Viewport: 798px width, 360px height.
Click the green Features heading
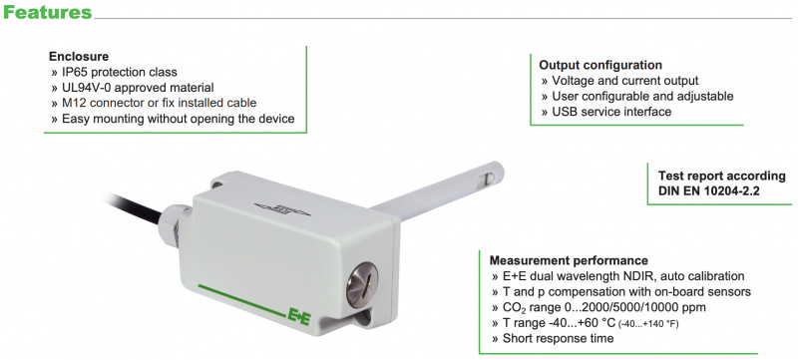47,12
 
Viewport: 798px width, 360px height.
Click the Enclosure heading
79,57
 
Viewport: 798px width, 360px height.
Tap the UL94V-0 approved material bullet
133,88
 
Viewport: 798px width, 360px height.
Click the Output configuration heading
600,65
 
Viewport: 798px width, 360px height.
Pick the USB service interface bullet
606,112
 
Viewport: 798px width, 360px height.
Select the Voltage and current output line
619,81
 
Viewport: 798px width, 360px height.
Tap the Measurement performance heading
569,261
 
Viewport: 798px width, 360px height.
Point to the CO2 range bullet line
599,307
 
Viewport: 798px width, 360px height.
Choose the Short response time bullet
553,338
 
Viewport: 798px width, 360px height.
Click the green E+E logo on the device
299,314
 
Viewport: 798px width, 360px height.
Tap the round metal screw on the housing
362,285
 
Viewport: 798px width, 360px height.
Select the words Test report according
722,176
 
